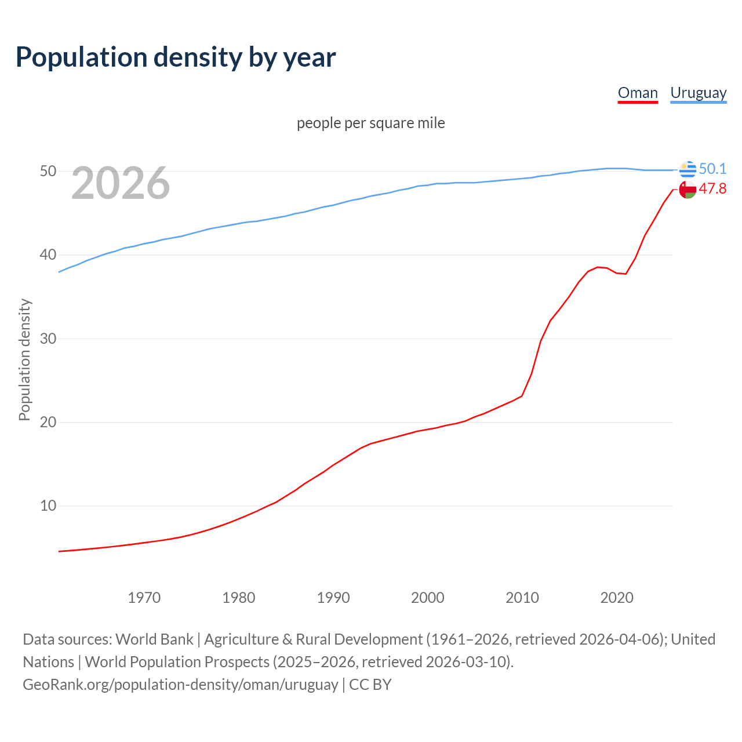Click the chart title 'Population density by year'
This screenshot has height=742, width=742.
[176, 57]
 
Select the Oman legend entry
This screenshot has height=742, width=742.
[638, 93]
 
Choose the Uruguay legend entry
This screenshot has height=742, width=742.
[698, 93]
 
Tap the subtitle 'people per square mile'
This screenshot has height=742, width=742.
[371, 123]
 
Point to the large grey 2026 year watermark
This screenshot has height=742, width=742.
[121, 184]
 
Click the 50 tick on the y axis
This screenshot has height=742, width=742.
[48, 172]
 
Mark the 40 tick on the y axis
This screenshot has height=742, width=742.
[48, 255]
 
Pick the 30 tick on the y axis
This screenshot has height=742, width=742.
[48, 339]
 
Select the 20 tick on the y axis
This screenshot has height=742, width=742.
[48, 422]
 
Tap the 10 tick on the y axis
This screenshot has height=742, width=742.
[48, 505]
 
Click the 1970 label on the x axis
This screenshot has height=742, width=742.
[144, 598]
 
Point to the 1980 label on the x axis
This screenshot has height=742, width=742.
[239, 598]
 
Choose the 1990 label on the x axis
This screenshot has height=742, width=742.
[333, 598]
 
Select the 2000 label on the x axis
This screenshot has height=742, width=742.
[428, 598]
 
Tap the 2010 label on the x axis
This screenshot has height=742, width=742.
[522, 598]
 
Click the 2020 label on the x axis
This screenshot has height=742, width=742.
[617, 598]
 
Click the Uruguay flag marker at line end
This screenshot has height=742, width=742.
[688, 169]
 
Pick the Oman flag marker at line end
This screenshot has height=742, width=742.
[688, 190]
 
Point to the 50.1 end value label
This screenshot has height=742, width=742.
[712, 169]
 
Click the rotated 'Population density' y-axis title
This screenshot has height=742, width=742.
[24, 359]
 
